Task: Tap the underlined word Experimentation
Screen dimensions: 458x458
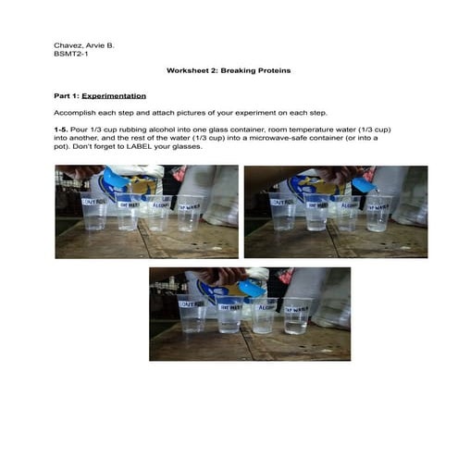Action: (x=114, y=95)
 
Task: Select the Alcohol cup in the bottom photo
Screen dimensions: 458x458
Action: (x=264, y=315)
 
